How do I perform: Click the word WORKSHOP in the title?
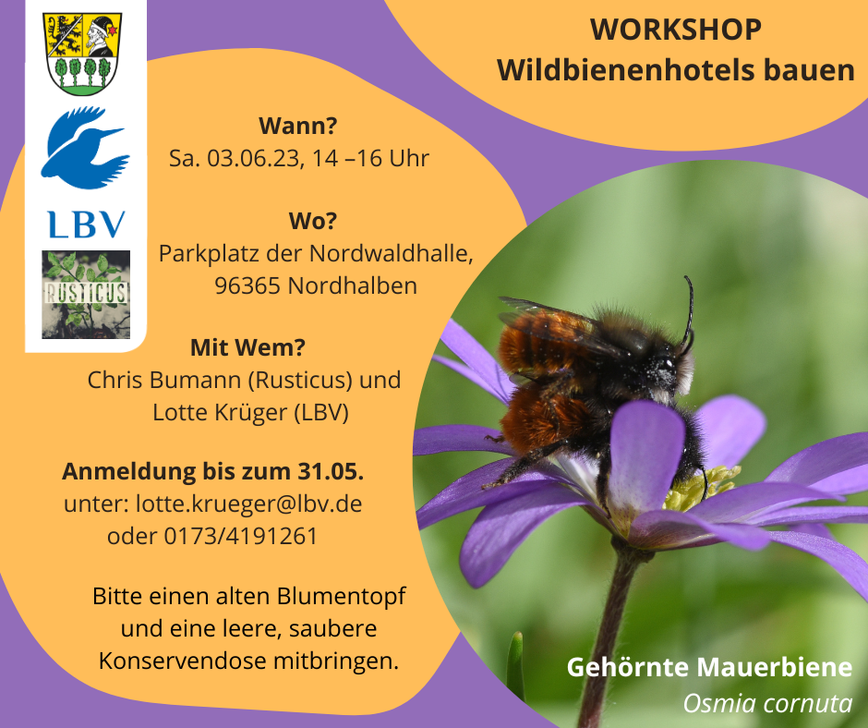675,30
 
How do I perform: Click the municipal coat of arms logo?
82,54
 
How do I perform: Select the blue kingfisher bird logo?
85,147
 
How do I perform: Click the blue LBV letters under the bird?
87,224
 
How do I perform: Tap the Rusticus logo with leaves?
86,294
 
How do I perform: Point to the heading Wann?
298,127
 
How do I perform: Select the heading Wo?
313,221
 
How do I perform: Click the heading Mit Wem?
248,348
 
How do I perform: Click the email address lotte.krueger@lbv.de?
249,504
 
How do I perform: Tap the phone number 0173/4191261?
241,537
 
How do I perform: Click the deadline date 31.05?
331,471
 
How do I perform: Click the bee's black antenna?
689,310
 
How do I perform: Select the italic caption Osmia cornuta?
767,704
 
